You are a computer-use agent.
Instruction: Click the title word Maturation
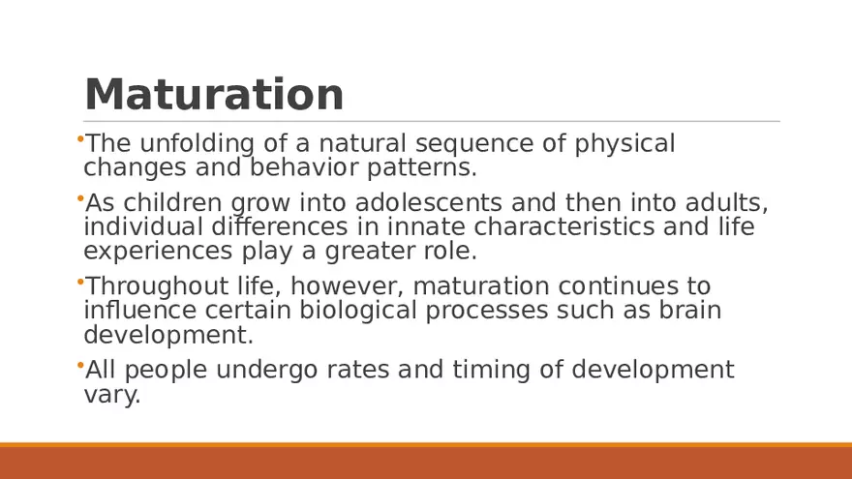coord(214,95)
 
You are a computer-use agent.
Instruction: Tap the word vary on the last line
coord(111,395)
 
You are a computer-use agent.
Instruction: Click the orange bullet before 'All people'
coord(78,366)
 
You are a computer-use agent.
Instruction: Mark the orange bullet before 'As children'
coord(78,199)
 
